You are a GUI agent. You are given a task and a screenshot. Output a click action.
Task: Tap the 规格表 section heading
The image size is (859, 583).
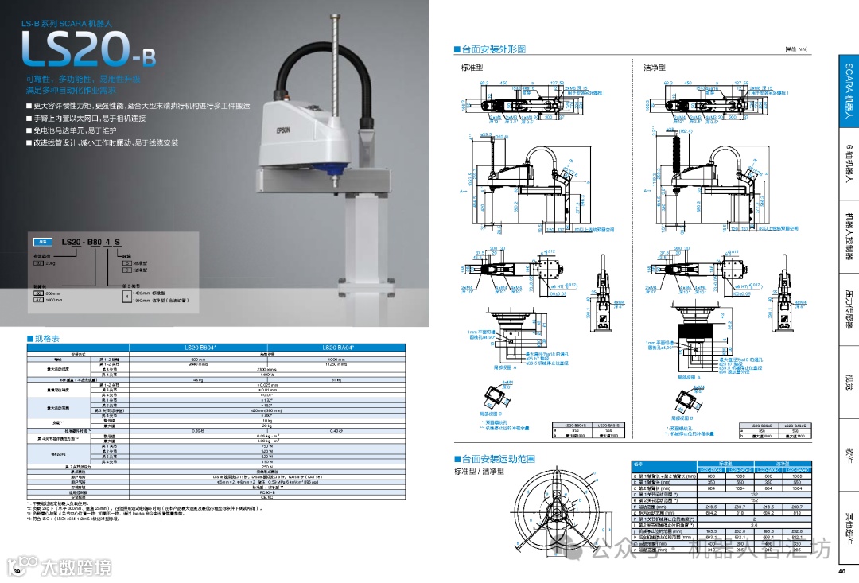point(45,338)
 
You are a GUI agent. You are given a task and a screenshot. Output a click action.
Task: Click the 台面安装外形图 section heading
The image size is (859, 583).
point(493,49)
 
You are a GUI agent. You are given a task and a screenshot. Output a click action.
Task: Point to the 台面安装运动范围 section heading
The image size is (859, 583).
point(497,459)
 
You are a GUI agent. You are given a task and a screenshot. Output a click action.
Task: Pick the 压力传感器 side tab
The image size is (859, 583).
point(848,310)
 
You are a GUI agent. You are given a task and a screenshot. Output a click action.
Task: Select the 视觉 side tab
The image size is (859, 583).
point(848,382)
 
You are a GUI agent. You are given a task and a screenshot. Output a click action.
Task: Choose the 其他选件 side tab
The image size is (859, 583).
point(848,529)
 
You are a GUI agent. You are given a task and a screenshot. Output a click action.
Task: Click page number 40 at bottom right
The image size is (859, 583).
point(842,571)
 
